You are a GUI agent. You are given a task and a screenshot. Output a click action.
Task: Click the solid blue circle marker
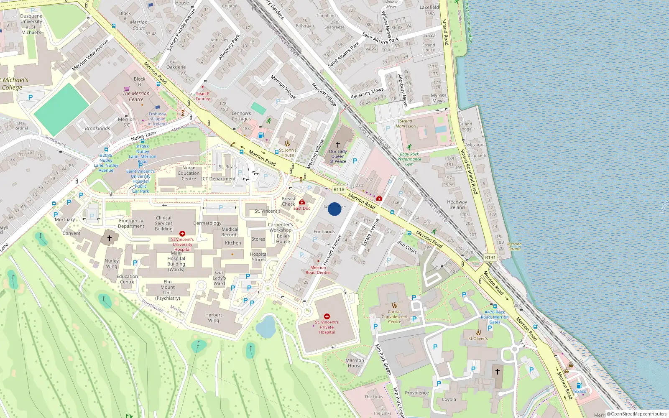[x=334, y=209]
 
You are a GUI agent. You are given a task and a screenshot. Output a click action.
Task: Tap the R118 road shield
[x=339, y=189]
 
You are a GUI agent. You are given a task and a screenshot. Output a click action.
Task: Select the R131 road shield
[x=490, y=257]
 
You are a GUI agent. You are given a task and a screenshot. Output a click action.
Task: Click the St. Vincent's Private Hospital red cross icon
[x=327, y=316]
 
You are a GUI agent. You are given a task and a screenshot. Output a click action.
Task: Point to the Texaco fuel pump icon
[x=579, y=385]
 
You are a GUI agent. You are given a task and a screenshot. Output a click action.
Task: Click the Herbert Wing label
[x=213, y=318]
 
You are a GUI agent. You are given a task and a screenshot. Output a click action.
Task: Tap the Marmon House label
[x=355, y=363]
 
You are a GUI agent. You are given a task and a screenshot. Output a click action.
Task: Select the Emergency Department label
[x=131, y=223]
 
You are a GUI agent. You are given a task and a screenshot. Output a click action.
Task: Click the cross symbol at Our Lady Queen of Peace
[x=338, y=144]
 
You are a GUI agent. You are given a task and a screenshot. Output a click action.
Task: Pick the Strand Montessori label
[x=406, y=123]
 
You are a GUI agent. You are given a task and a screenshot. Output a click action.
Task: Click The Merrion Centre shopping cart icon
[x=127, y=88]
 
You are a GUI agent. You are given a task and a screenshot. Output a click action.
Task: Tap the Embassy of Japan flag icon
[x=158, y=108]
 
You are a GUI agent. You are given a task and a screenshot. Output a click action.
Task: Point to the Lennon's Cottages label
[x=241, y=116]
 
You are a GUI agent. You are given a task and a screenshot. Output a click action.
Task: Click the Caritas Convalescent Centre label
[x=394, y=316]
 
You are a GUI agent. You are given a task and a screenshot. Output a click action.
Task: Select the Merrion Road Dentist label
[x=318, y=270]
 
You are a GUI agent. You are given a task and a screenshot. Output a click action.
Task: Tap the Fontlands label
[x=324, y=231]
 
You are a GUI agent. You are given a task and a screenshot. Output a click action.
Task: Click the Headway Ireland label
[x=457, y=204]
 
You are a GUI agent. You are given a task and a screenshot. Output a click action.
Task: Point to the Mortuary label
[x=65, y=219]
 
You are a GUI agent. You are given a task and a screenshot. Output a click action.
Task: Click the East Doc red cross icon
[x=301, y=202]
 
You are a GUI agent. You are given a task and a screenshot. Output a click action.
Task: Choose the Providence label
[x=416, y=393]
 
